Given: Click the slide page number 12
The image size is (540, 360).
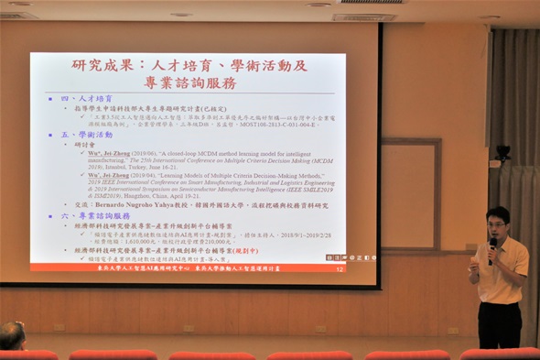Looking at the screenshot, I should click(340, 268).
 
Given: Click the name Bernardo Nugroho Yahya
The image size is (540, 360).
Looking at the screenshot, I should click(155, 204).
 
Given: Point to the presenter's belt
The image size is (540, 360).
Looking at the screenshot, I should click(499, 301).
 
